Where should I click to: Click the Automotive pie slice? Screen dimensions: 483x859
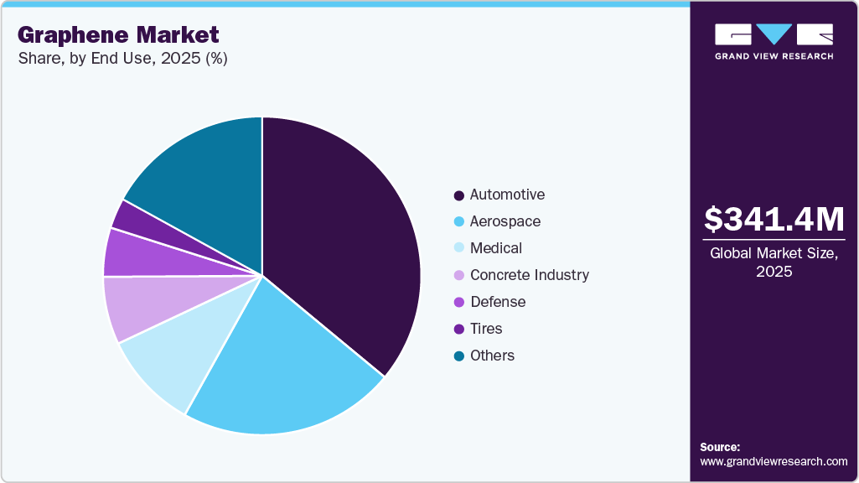point(344,243)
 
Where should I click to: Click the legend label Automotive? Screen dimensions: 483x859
point(507,195)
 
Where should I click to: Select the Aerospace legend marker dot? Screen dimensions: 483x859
point(458,222)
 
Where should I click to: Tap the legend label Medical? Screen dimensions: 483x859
point(495,248)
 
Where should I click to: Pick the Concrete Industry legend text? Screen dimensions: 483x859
point(529,275)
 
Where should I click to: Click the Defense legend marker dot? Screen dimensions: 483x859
point(458,303)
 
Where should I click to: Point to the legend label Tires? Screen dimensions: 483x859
point(486,329)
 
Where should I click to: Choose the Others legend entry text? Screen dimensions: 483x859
point(492,356)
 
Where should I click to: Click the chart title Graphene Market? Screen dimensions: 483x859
point(117,34)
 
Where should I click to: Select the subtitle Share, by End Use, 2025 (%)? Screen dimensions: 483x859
point(122,58)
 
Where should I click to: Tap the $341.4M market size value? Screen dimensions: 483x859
point(774,220)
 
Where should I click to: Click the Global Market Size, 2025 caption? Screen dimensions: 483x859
point(774,262)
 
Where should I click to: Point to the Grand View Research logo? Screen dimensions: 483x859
point(774,41)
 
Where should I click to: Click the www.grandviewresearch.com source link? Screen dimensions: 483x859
point(774,461)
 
